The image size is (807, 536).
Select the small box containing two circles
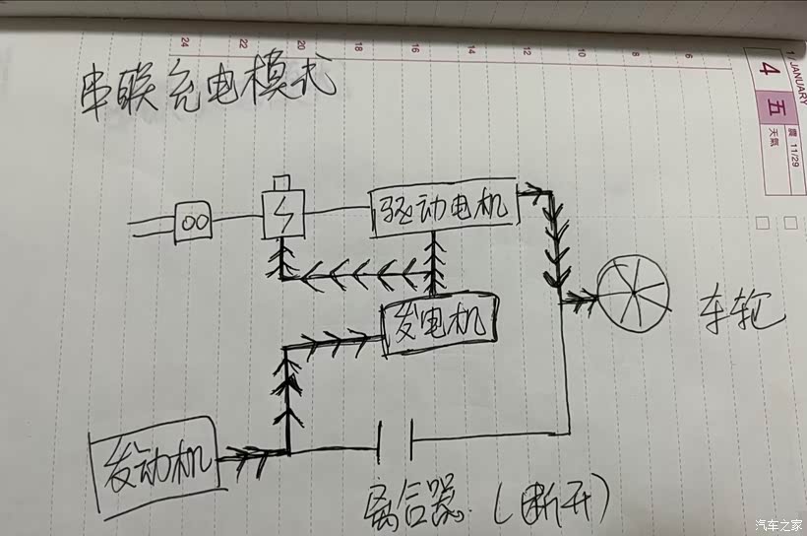coord(194,222)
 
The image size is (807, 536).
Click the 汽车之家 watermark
coord(778,524)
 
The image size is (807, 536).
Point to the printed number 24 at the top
coord(185,43)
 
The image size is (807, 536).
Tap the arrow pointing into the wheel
coord(581,295)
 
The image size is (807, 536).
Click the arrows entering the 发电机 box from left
coord(335,341)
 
